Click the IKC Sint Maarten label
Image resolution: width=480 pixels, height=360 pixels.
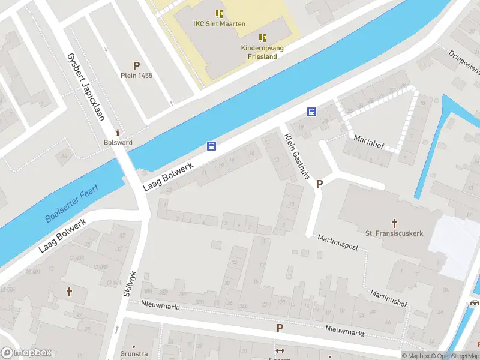[x=218, y=23]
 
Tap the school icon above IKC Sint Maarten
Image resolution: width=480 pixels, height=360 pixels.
[x=218, y=13]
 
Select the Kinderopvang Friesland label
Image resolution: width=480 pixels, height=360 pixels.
[x=262, y=52]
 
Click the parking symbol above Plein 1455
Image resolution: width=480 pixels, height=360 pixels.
[x=136, y=65]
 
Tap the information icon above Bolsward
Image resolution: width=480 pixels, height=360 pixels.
[x=118, y=133]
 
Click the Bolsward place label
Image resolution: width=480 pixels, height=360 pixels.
[x=118, y=143]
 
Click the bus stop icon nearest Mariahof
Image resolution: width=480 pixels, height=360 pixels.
[x=311, y=112]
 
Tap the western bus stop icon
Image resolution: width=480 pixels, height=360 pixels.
[x=211, y=146]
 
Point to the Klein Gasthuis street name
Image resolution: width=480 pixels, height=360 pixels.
[x=296, y=157]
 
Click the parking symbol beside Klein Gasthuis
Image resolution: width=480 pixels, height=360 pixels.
[x=319, y=184]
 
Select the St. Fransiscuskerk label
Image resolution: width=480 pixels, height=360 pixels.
[x=394, y=233]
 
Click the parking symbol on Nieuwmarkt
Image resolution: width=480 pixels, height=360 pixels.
[x=279, y=328]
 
